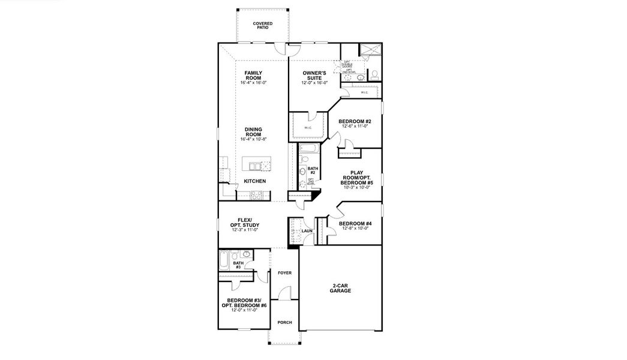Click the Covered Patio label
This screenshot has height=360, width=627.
point(262,25)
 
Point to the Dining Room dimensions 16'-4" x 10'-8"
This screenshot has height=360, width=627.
point(253,139)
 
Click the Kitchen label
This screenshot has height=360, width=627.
point(254,181)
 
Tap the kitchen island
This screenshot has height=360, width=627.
point(255,166)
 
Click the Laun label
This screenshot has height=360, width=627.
point(307,230)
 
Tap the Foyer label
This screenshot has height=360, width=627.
point(284,272)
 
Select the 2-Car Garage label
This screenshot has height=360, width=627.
point(340,288)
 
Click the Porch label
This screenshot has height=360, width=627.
point(284,322)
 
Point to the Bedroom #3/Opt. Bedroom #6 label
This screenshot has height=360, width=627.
point(242,305)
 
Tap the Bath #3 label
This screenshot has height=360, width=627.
point(238,265)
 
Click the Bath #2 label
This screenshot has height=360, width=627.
point(312,170)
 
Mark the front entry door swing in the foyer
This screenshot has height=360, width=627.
point(286,293)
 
